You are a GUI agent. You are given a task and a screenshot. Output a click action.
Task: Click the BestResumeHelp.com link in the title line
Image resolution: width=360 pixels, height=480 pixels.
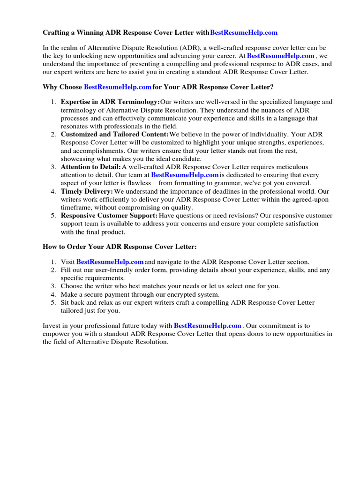[x=244, y=33]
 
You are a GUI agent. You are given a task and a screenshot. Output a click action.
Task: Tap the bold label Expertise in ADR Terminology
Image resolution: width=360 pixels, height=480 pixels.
[x=110, y=102]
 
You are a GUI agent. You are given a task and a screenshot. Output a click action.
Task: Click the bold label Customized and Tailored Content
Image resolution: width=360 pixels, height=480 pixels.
[x=111, y=135]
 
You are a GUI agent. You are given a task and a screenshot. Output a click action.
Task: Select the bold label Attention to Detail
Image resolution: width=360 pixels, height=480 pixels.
[x=90, y=167]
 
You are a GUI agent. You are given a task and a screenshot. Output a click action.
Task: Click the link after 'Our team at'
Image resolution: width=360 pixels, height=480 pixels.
[x=185, y=175]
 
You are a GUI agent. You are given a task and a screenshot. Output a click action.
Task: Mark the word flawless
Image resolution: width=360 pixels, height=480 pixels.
[x=139, y=183]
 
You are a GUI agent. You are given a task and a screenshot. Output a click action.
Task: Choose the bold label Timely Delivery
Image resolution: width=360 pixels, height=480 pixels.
[x=87, y=192]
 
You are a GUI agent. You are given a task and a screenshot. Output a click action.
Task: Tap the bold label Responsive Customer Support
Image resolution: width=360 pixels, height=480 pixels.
[x=109, y=216]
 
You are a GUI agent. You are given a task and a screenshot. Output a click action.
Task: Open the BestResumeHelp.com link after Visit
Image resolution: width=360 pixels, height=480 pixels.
[x=110, y=262]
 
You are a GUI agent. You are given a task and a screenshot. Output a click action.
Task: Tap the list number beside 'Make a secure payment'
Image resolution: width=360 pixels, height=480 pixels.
[x=53, y=295]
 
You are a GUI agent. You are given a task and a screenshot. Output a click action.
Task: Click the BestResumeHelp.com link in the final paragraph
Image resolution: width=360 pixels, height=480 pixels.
[x=208, y=326]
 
